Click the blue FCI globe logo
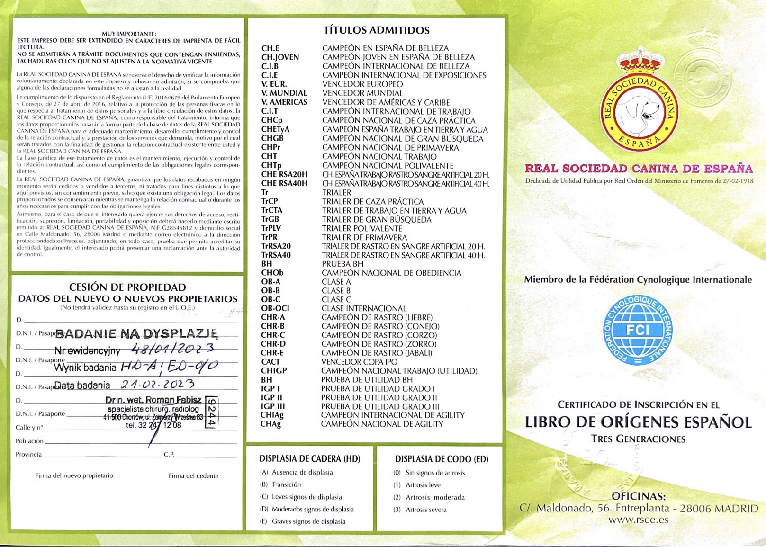[x=638, y=331]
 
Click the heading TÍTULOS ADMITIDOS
[x=376, y=30]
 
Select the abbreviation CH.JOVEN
[x=280, y=57]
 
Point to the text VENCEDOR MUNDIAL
[x=362, y=93]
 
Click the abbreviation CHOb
[x=272, y=273]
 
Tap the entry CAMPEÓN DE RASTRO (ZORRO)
[x=378, y=344]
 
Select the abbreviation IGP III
[x=272, y=406]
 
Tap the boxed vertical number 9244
[x=212, y=412]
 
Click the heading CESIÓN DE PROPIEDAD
[x=127, y=287]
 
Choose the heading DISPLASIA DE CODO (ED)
[x=442, y=459]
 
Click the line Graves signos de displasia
[x=308, y=521]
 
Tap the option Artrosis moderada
[x=435, y=497]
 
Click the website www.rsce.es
[x=638, y=520]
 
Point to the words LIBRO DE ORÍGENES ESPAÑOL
[x=638, y=422]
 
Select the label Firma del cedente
[x=193, y=475]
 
